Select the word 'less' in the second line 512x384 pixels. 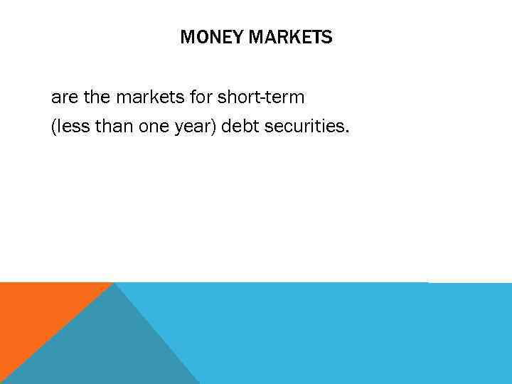pyautogui.click(x=70, y=129)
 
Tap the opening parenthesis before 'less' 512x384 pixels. pyautogui.click(x=54, y=129)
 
